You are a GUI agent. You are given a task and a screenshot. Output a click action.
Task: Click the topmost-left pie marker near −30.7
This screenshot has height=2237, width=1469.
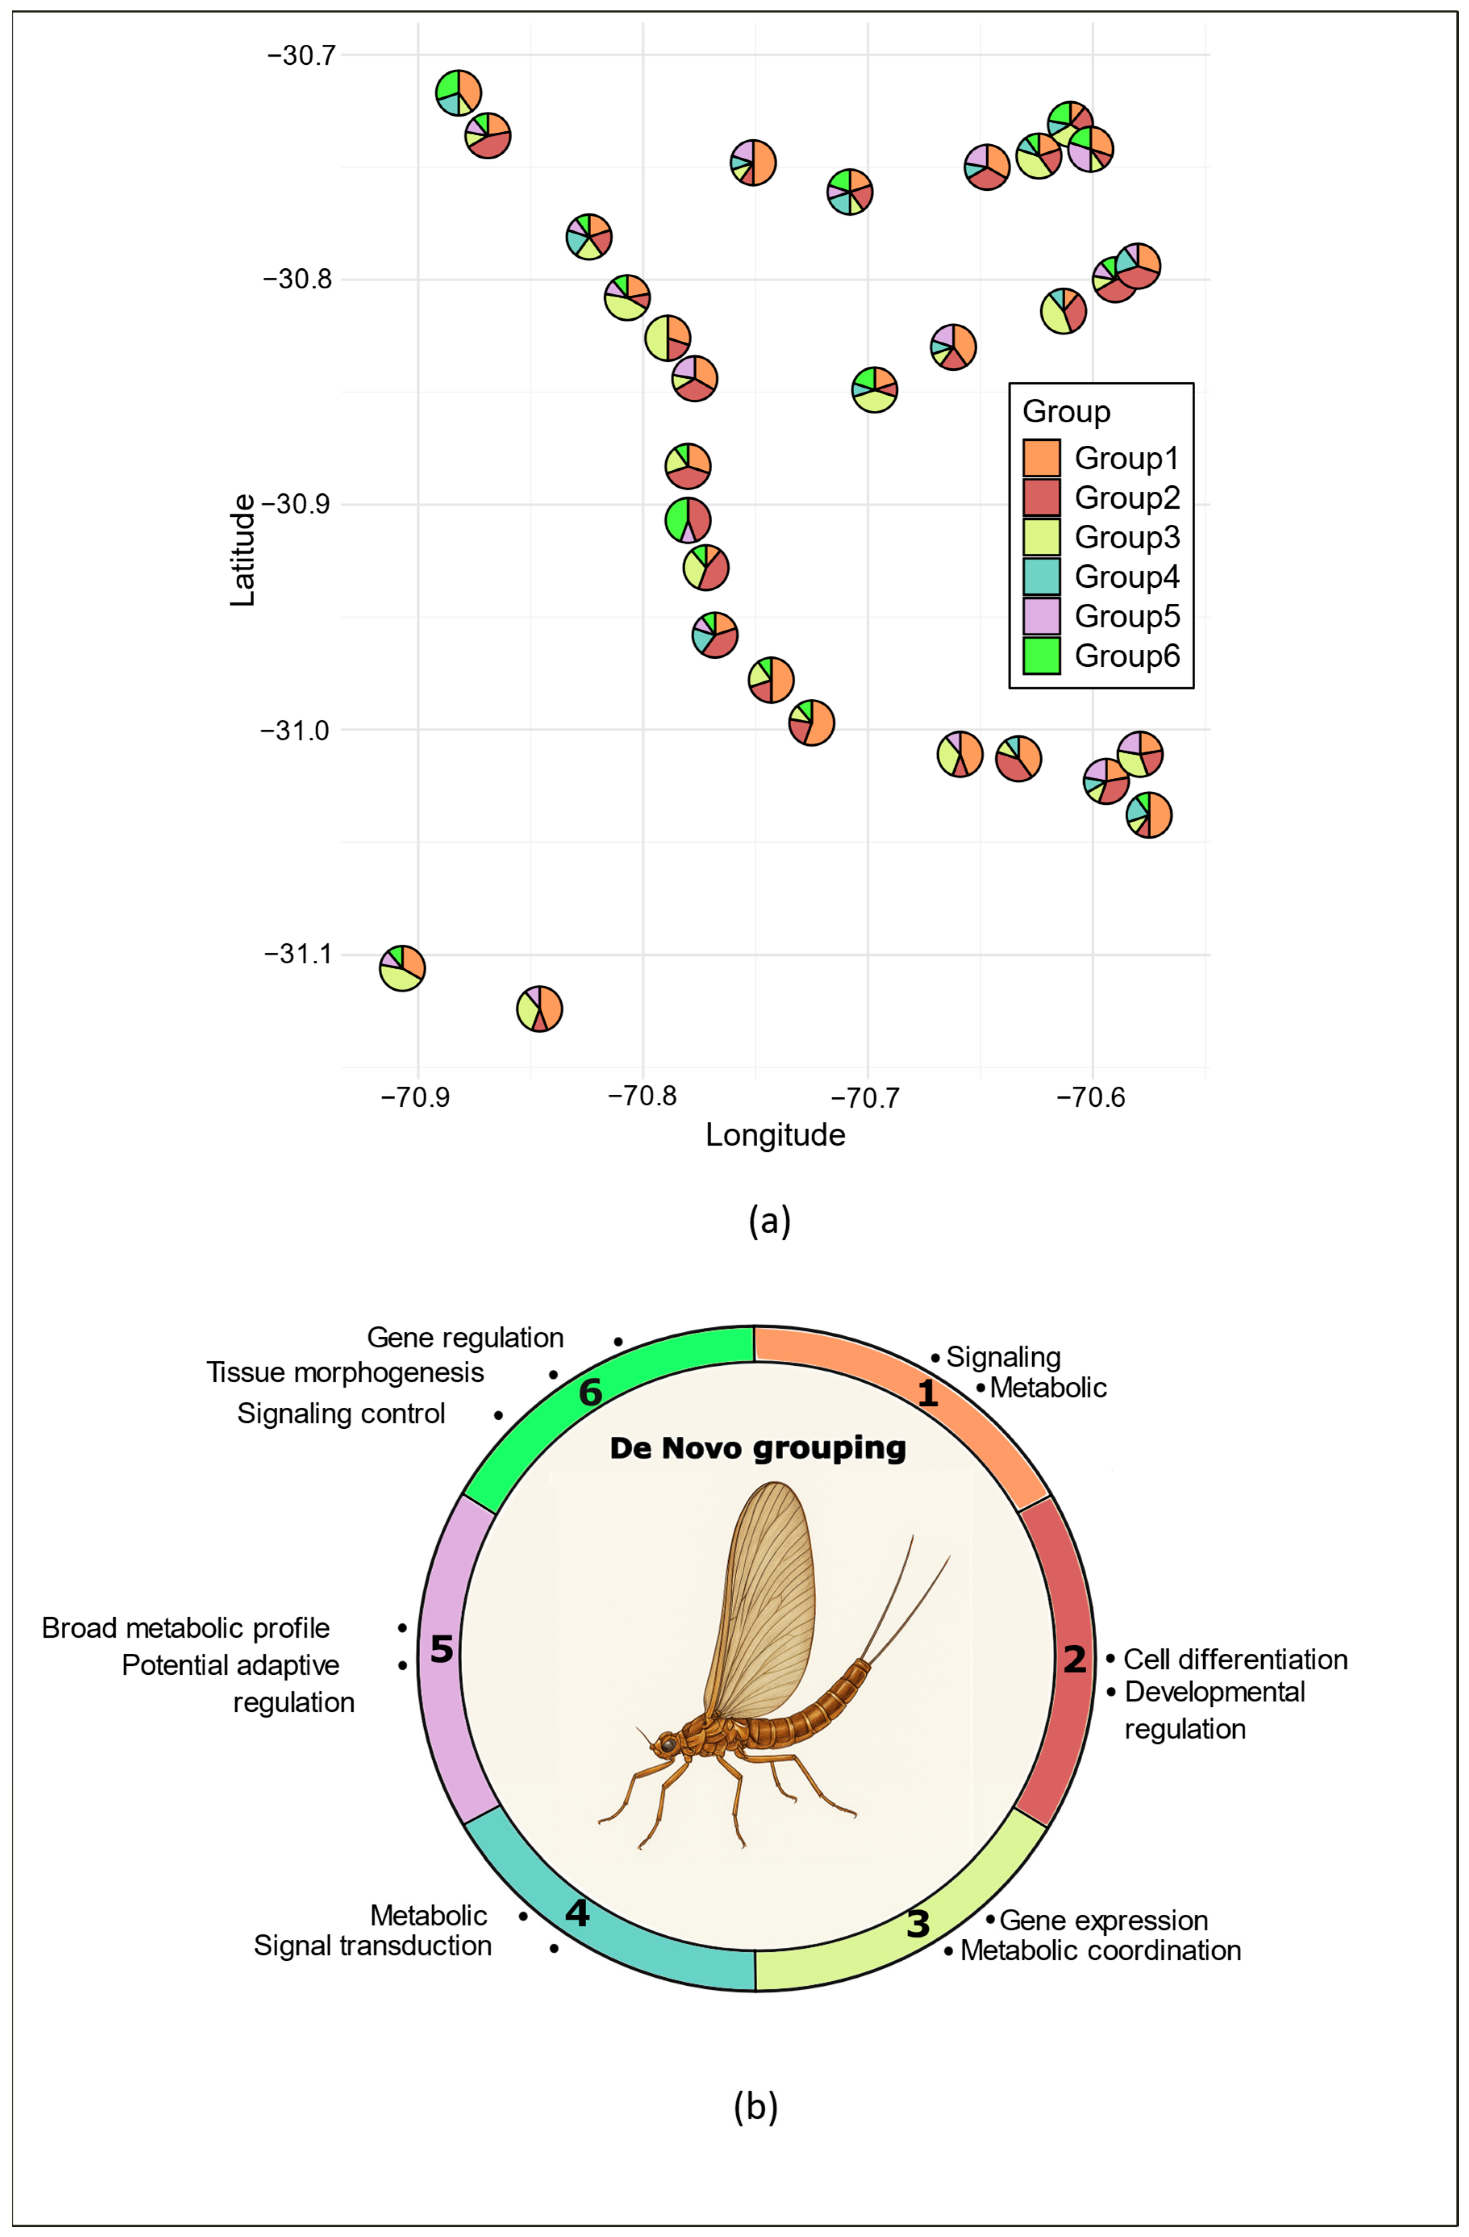458,92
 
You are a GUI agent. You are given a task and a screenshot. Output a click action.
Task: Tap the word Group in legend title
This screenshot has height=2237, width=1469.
1066,412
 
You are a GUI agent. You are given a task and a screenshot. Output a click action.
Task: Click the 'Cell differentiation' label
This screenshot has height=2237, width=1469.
1235,1659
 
